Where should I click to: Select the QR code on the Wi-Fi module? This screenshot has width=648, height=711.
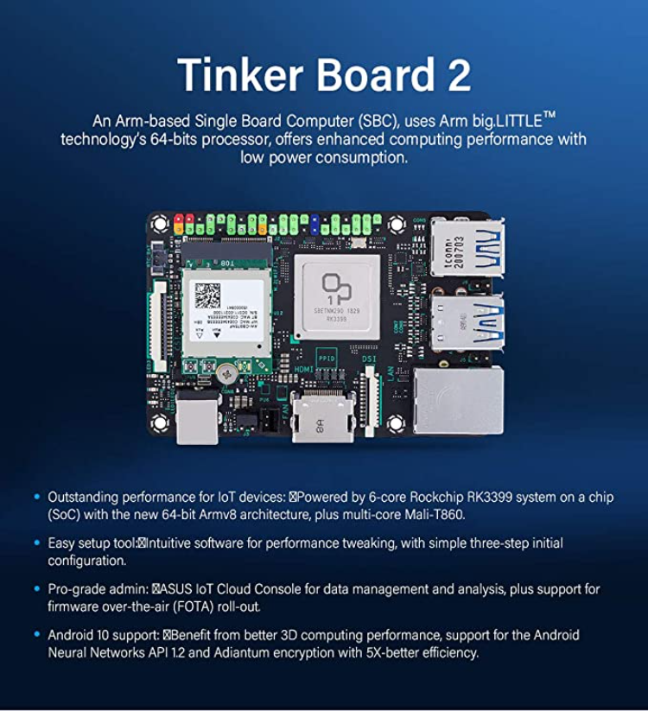point(207,295)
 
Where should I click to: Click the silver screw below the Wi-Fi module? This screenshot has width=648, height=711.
point(227,372)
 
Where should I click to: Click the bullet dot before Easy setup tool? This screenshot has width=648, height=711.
point(36,543)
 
